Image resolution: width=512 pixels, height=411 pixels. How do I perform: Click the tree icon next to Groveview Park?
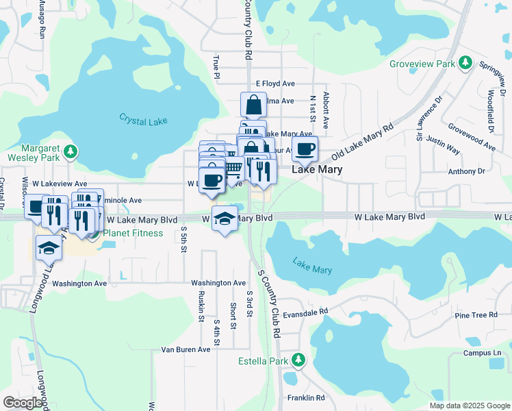pos(466,64)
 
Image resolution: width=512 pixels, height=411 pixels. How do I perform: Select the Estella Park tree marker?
pos(298,360)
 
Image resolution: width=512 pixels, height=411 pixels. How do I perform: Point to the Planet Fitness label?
pos(133,233)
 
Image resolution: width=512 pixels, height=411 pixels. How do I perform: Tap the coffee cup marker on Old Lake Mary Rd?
pos(305,148)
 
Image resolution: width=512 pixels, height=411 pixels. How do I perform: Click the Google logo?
pos(23,403)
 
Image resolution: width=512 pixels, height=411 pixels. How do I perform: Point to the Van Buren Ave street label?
pos(185,349)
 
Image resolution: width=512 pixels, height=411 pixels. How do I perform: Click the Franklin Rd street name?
pos(305,397)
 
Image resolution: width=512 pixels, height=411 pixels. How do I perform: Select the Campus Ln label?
pos(478,353)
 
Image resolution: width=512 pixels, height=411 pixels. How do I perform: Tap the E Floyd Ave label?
pos(275,84)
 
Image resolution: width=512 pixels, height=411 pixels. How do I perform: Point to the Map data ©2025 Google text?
pos(469,406)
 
